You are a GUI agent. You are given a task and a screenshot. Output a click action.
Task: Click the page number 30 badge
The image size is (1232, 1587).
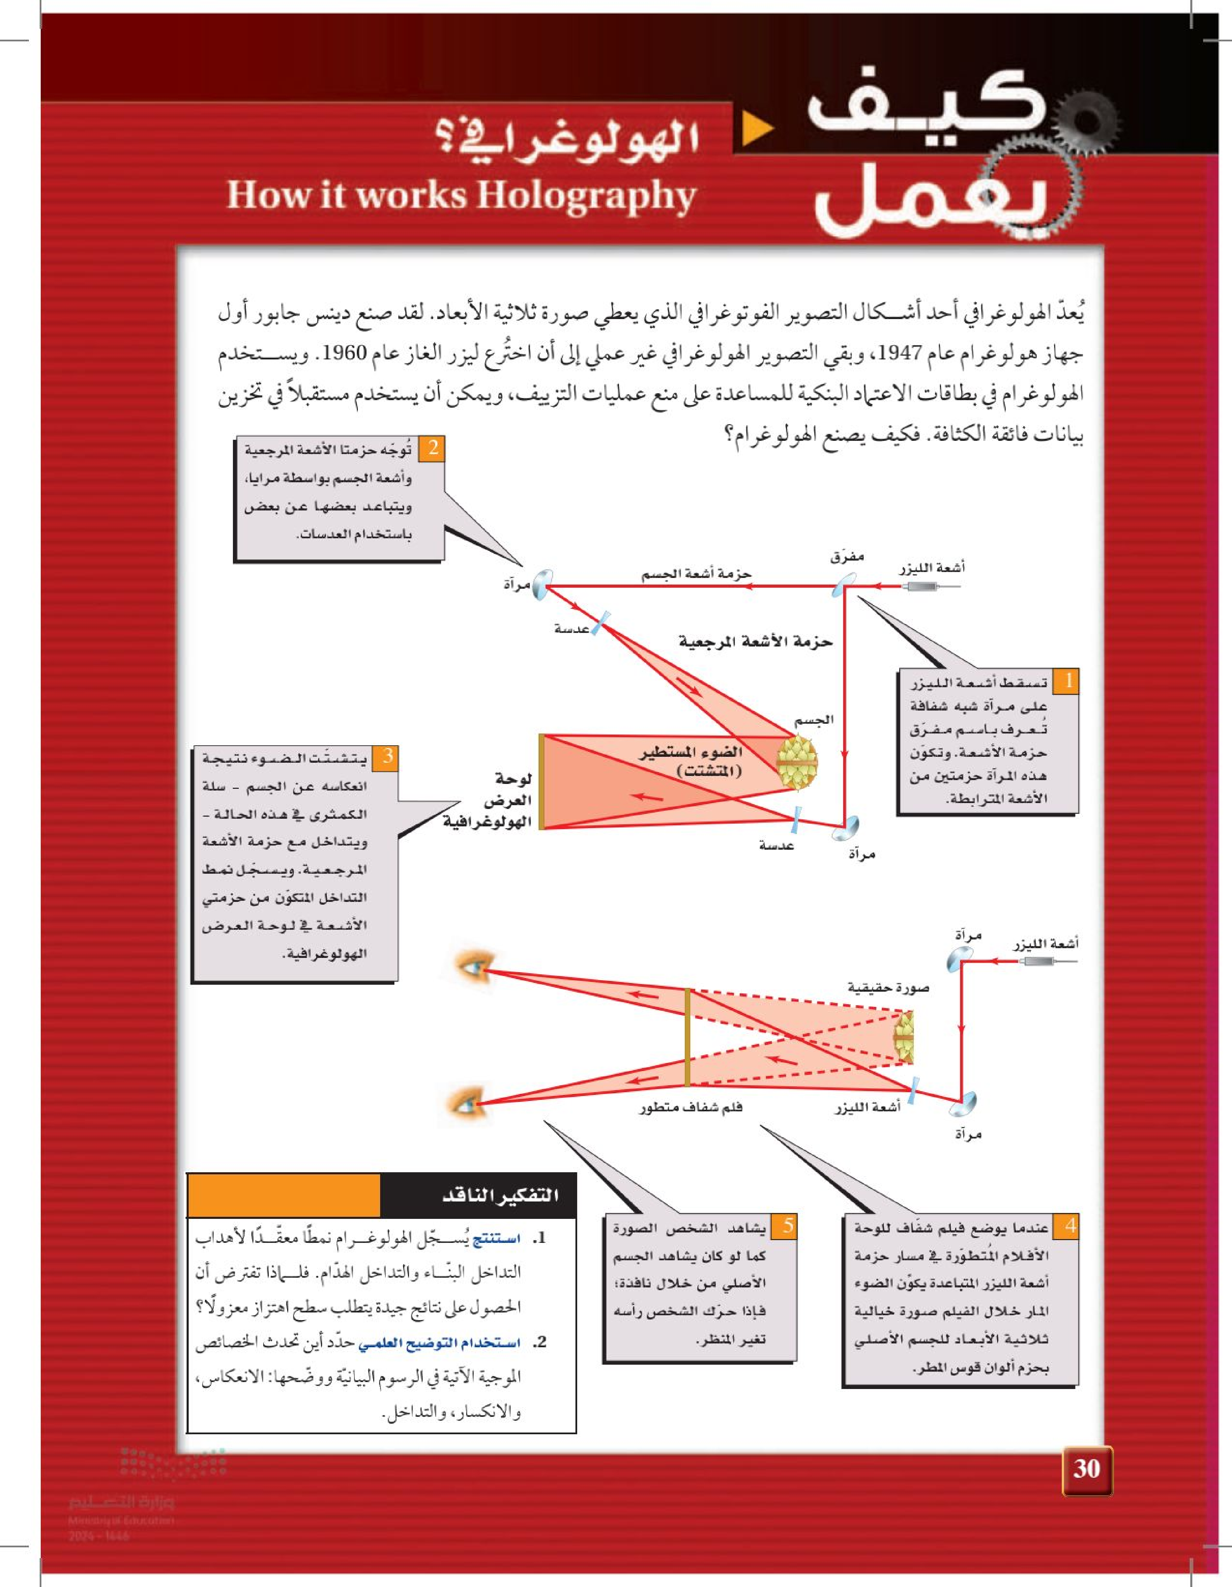pos(1086,1469)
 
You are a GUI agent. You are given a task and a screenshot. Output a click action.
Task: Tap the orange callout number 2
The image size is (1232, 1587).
pos(432,449)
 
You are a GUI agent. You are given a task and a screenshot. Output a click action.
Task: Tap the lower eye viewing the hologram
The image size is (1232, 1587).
pos(465,1104)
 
